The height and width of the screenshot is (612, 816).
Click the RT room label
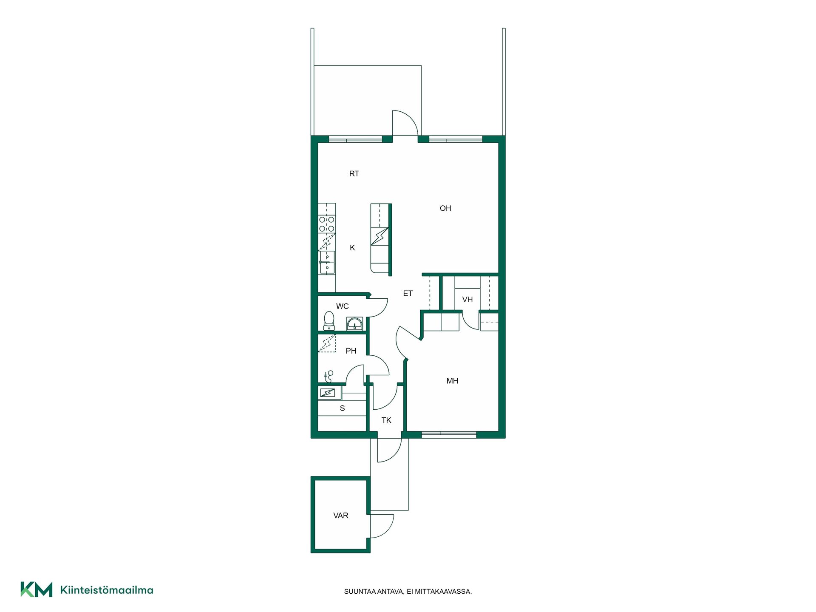354,173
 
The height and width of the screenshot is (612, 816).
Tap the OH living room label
445,208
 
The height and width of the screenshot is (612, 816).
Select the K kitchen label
352,248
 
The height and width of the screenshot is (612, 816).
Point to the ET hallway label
408,293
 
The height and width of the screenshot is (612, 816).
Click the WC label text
343,306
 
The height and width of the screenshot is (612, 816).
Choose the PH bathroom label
351,351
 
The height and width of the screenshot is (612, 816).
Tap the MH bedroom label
452,381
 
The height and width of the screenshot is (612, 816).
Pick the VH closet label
467,300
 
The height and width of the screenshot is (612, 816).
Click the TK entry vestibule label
386,420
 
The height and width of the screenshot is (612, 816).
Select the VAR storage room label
341,516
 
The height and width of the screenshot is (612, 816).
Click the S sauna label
343,408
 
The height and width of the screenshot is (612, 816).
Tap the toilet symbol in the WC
329,321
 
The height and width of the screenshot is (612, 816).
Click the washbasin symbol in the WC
354,324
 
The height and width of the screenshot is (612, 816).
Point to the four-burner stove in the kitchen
327,224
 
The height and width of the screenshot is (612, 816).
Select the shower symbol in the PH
329,377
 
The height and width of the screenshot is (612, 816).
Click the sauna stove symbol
328,393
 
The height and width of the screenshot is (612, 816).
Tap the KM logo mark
37,589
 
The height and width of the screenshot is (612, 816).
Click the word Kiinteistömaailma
107,590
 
